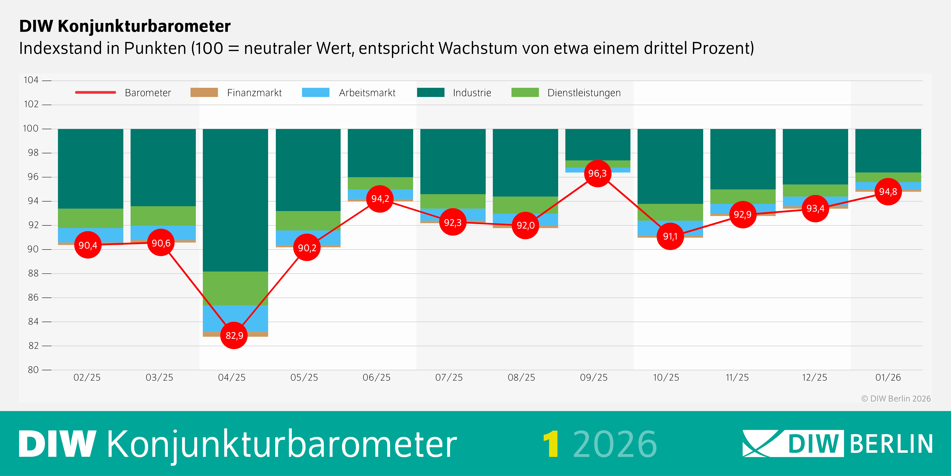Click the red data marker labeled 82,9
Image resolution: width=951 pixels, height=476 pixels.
[x=234, y=335]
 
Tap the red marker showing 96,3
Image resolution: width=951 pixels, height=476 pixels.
[x=597, y=173]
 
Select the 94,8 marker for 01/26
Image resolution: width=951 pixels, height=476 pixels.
[x=888, y=191]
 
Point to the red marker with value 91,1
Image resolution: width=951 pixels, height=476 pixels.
[x=670, y=236]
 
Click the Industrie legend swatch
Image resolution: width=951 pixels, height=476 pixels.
[x=430, y=92]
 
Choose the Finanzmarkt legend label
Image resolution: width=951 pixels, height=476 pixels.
[x=254, y=93]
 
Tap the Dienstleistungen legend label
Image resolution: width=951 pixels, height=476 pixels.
[x=584, y=93]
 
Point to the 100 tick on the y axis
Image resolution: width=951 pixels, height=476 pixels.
[x=31, y=129]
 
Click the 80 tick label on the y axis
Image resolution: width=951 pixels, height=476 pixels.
[x=33, y=370]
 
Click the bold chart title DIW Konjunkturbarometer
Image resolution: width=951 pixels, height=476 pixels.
[x=125, y=26]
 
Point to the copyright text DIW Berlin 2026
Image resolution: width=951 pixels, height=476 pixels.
[x=896, y=398]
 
